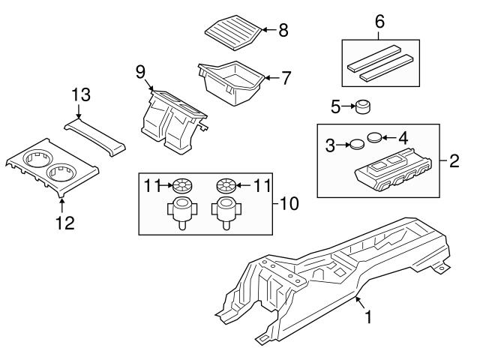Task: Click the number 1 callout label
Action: (367, 319)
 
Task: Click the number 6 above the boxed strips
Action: (379, 22)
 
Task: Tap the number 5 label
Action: (336, 107)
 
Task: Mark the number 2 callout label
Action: (453, 160)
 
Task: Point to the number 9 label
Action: (140, 72)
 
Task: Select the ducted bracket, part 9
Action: (172, 120)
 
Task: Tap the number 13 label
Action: (80, 94)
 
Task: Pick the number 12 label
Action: (63, 223)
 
